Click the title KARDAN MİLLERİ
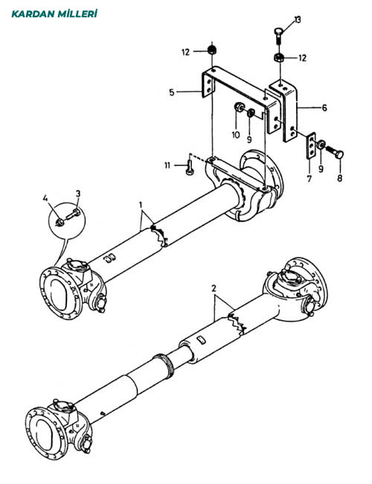54,14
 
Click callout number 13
298,20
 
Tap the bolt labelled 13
278,36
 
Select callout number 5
172,92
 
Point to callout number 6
324,108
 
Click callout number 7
309,179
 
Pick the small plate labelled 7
311,145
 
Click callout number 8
339,179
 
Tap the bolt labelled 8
335,152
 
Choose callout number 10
236,135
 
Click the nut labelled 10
239,106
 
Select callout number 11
167,166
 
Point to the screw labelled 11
189,167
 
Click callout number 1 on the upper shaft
141,205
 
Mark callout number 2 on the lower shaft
214,288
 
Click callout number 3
78,194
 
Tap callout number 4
45,198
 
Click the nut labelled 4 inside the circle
60,221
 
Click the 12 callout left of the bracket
185,52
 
